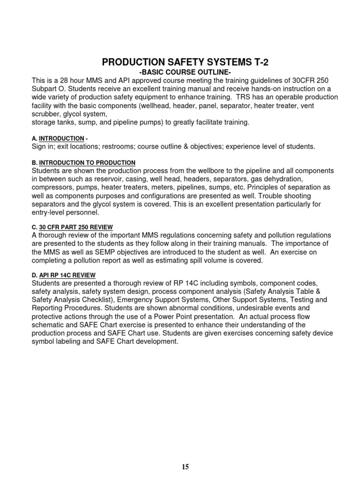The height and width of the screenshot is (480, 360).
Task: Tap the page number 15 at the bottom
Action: point(185,466)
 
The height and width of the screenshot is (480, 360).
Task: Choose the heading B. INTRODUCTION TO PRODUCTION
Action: point(84,162)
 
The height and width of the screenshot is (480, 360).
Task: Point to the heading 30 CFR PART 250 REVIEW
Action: point(76,227)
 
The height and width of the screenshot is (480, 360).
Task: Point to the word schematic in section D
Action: point(50,325)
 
